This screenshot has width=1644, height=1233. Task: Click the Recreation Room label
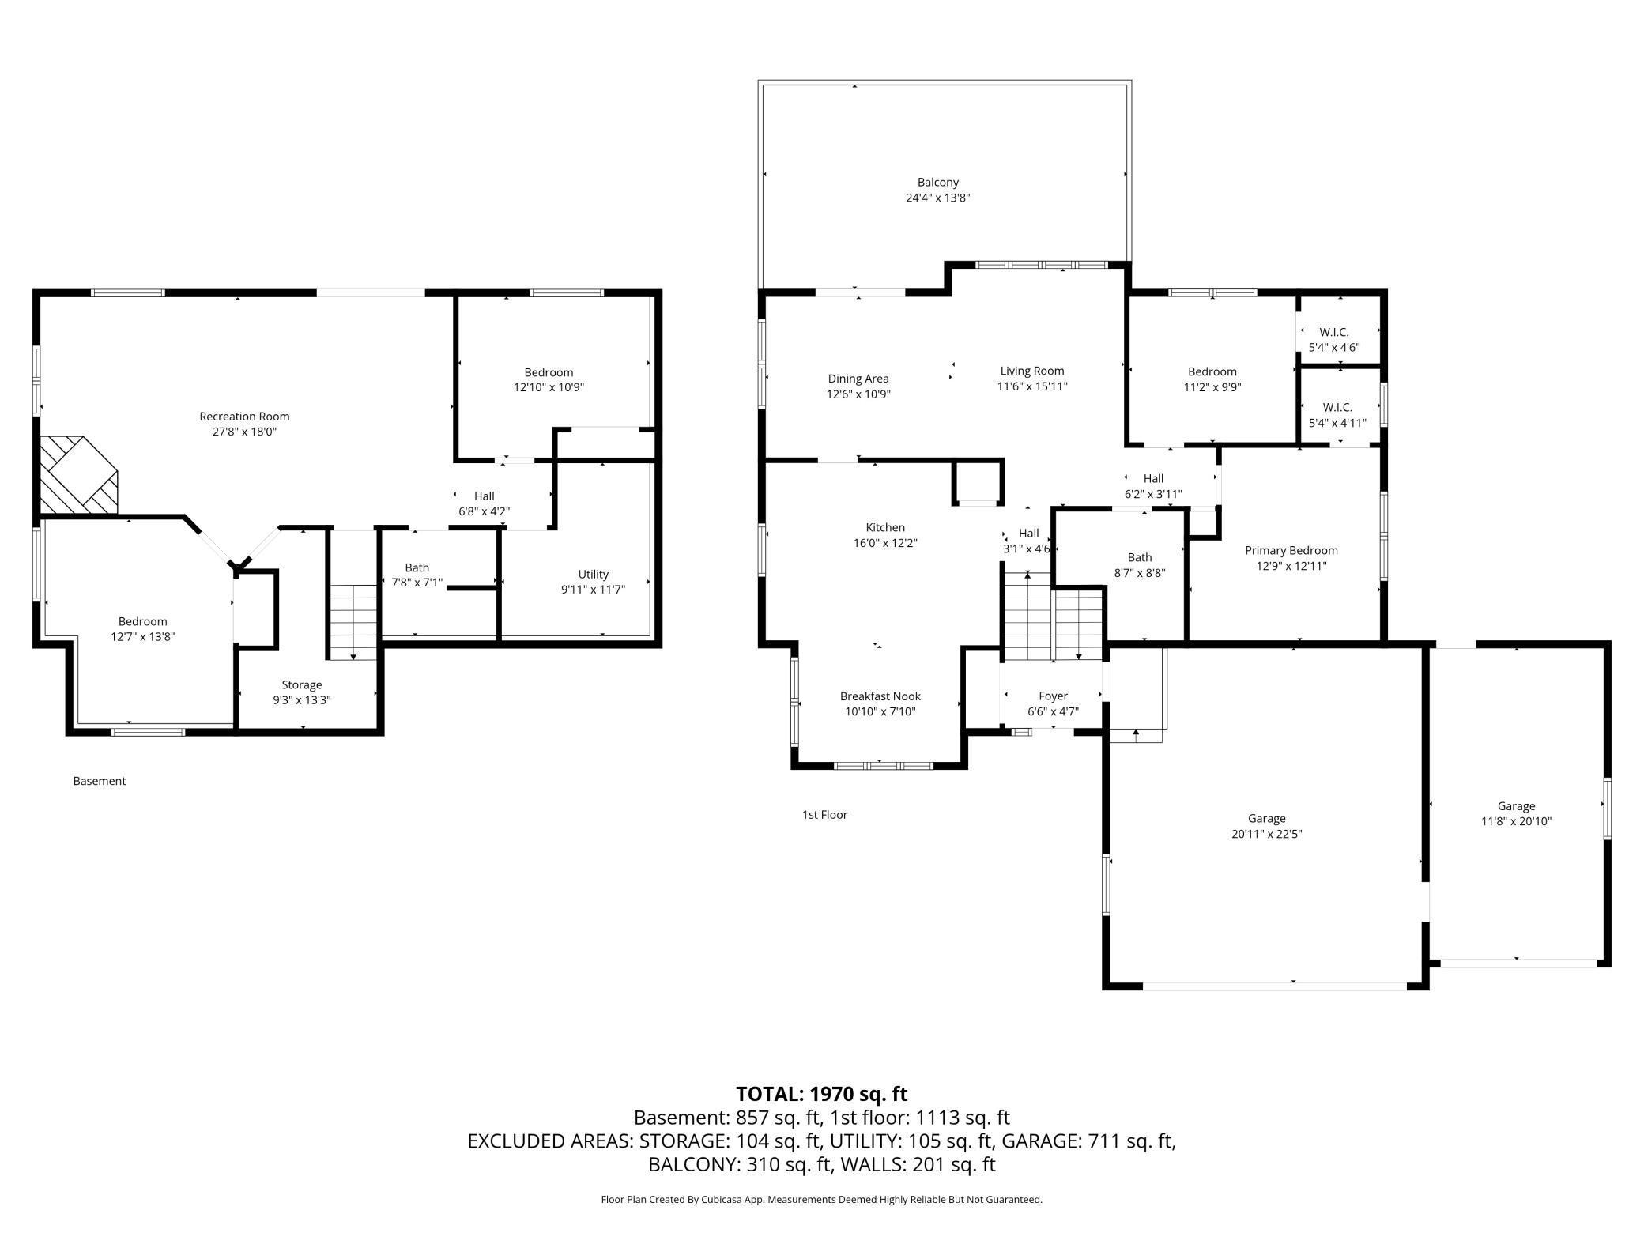(244, 417)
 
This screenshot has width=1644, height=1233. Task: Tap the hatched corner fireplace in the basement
(77, 474)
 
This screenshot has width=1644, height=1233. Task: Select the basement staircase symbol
(353, 621)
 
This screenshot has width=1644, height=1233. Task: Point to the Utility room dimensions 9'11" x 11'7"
(593, 590)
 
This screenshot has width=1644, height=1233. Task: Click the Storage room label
(302, 685)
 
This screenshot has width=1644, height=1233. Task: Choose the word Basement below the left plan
(100, 781)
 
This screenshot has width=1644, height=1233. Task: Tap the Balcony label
(938, 183)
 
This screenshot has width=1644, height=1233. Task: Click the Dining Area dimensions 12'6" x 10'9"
(858, 394)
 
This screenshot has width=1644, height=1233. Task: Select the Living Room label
(1032, 371)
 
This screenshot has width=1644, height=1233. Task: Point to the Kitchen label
(885, 527)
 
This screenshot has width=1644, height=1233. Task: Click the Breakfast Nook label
(880, 696)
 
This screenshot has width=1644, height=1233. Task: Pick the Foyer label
(1053, 696)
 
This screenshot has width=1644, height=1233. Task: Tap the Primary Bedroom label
(1291, 551)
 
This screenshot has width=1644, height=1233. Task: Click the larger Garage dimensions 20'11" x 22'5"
(1267, 834)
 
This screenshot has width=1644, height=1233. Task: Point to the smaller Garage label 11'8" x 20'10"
(1517, 814)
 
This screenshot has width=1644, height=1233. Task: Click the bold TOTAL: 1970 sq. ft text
(822, 1094)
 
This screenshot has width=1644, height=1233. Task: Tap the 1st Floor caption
(824, 815)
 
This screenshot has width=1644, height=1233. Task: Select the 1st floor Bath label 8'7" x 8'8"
(1140, 565)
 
